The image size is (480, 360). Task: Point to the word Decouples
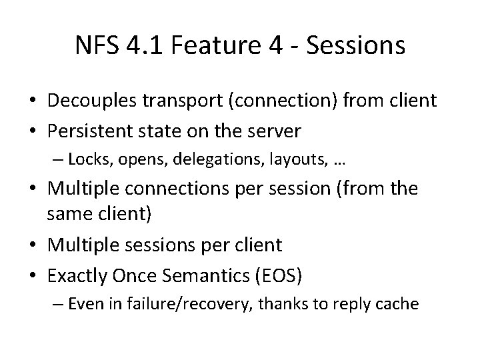pos(89,101)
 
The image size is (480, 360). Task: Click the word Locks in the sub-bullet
pos(83,159)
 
